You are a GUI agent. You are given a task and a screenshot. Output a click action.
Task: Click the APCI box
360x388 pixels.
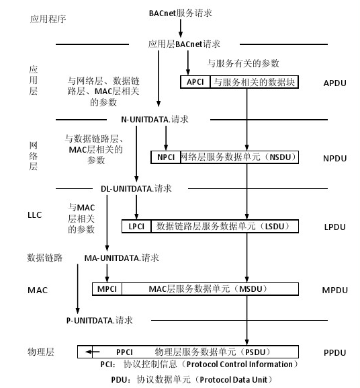(195, 82)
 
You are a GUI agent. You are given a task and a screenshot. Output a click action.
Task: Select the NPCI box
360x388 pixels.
(166, 157)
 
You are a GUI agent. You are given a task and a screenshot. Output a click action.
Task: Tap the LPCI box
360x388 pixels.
(136, 226)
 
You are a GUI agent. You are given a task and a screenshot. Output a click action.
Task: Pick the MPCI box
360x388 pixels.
(107, 289)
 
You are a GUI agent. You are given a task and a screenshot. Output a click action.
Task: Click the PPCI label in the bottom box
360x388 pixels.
(124, 352)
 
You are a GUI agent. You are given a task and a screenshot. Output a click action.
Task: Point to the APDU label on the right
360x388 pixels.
(334, 83)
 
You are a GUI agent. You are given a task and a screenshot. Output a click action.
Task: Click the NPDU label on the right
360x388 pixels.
(334, 159)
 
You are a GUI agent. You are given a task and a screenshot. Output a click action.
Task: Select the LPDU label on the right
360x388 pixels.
(334, 227)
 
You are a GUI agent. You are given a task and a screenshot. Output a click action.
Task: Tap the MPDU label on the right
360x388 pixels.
(334, 290)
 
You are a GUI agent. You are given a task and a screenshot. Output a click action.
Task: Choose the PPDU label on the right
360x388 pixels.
(334, 352)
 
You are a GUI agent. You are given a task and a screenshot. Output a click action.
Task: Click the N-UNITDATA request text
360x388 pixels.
(154, 120)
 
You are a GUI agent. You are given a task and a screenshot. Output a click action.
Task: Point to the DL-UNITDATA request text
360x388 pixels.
(136, 189)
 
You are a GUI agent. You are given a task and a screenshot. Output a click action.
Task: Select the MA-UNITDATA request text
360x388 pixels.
(122, 258)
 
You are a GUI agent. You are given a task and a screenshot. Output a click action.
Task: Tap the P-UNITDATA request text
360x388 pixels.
(99, 321)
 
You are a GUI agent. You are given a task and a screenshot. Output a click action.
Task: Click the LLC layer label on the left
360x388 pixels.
(35, 215)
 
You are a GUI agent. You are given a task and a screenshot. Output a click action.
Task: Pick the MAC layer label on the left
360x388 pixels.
(38, 290)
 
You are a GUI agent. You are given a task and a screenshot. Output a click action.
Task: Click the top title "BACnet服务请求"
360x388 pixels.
(181, 13)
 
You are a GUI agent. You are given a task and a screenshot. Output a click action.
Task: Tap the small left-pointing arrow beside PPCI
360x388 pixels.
(93, 352)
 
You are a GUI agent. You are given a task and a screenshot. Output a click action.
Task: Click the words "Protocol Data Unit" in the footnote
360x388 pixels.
(234, 379)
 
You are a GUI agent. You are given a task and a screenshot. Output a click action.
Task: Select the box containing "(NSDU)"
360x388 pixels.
(239, 157)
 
